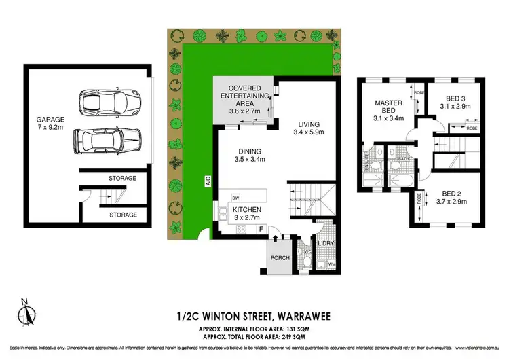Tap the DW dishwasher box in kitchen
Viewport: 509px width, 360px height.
pos(235,197)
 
